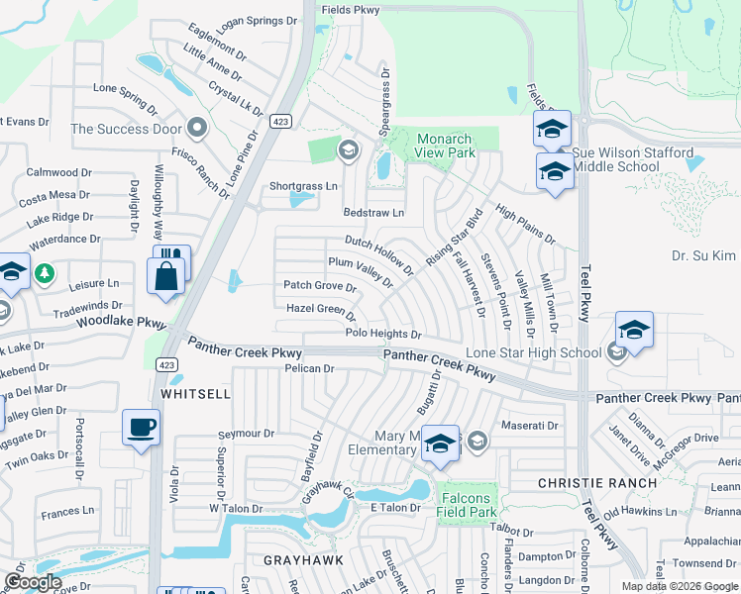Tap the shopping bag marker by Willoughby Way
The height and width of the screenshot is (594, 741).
point(165,276)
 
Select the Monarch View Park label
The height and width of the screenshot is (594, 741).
point(445,146)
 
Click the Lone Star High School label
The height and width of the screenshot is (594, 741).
point(533,353)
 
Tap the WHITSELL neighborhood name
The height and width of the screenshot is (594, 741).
point(195,393)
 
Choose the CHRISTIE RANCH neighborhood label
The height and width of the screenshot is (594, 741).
point(596,483)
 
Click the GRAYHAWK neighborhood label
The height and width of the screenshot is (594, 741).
point(302,559)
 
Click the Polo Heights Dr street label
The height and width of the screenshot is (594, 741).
point(383,335)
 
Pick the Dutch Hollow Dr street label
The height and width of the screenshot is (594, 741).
point(379,254)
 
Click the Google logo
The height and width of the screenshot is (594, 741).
point(32,582)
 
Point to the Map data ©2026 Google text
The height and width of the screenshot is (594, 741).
point(679,586)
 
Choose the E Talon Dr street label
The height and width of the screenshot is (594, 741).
point(396,508)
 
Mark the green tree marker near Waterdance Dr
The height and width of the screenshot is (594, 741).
point(43,272)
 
